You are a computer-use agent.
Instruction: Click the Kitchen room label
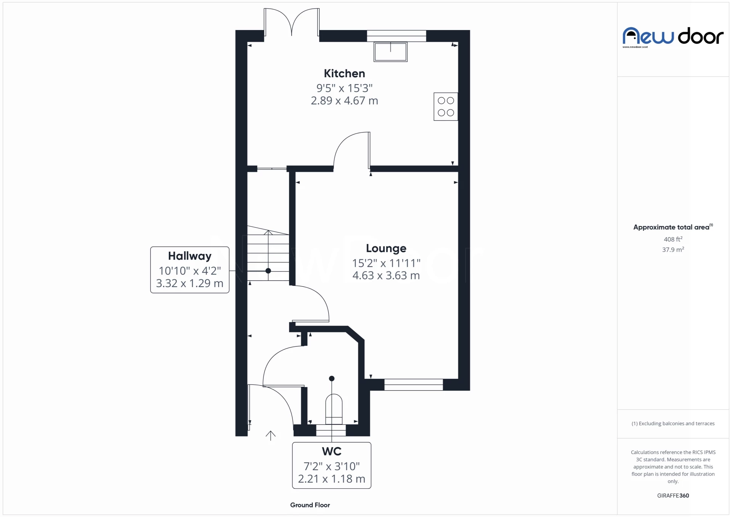pyautogui.click(x=344, y=73)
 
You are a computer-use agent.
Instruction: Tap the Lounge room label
pyautogui.click(x=386, y=248)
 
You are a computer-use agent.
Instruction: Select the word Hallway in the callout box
pyautogui.click(x=189, y=256)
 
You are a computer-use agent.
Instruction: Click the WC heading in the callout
pyautogui.click(x=331, y=452)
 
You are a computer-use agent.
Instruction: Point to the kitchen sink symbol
pyautogui.click(x=390, y=52)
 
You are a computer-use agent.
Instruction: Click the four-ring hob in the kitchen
pyautogui.click(x=446, y=107)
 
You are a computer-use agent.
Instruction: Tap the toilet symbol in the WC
pyautogui.click(x=334, y=409)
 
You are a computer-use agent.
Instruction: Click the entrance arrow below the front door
pyautogui.click(x=270, y=435)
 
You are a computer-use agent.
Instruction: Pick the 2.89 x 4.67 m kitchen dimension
pyautogui.click(x=344, y=101)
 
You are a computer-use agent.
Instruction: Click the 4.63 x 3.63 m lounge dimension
pyautogui.click(x=386, y=276)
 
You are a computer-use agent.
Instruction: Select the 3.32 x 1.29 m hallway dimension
pyautogui.click(x=189, y=284)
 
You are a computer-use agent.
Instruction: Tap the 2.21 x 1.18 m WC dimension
pyautogui.click(x=331, y=479)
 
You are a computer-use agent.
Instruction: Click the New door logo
pyautogui.click(x=673, y=37)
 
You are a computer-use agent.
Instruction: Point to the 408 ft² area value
pyautogui.click(x=673, y=239)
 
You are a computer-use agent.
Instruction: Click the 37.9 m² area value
pyautogui.click(x=673, y=250)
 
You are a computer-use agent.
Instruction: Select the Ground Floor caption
pyautogui.click(x=310, y=505)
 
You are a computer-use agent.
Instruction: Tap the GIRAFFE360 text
pyautogui.click(x=673, y=496)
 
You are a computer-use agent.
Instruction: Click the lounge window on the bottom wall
pyautogui.click(x=413, y=385)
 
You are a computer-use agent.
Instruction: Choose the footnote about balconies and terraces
pyautogui.click(x=673, y=424)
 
